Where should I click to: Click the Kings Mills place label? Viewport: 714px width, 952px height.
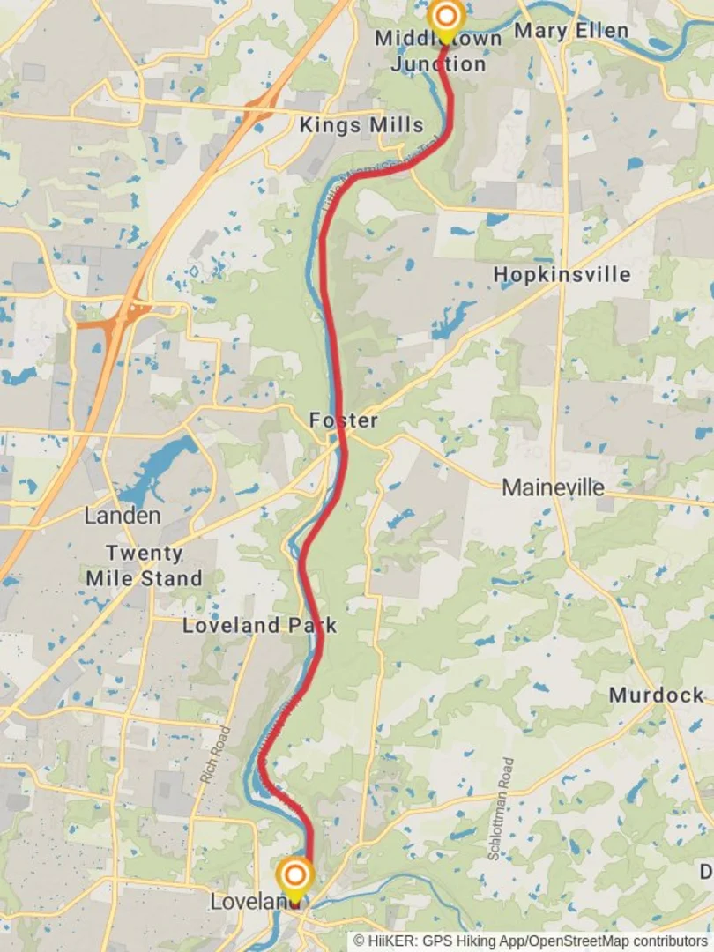tap(361, 125)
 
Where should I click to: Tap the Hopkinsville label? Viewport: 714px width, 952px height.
tap(562, 274)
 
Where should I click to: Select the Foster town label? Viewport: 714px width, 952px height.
tap(344, 420)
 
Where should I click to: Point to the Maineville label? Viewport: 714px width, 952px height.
tap(554, 487)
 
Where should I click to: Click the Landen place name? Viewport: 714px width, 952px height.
tap(123, 516)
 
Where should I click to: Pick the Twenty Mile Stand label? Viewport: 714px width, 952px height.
tap(144, 566)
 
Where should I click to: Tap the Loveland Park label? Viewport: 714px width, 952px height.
tap(259, 626)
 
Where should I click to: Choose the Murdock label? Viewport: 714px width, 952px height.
tap(656, 695)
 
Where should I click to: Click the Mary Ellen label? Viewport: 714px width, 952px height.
tap(571, 31)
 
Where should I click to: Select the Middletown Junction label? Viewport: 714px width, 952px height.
tap(438, 51)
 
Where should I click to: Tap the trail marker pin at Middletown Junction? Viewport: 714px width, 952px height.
tap(446, 18)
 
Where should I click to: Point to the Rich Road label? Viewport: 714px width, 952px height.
tap(215, 755)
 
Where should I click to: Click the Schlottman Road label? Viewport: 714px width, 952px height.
tap(500, 808)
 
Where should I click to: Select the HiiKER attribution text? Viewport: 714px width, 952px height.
tap(530, 941)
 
